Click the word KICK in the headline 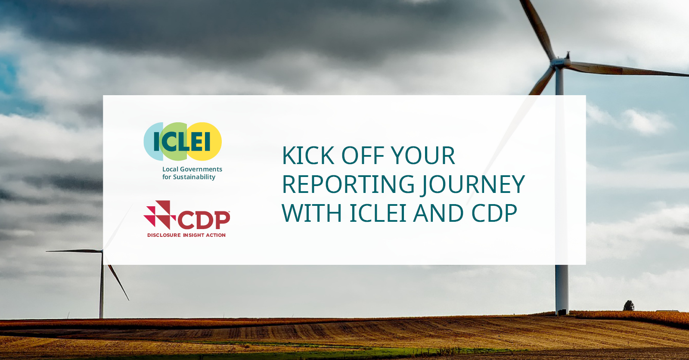click(308, 156)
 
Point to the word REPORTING click(348, 184)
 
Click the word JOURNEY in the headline click(473, 185)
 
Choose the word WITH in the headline click(312, 213)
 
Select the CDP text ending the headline click(494, 213)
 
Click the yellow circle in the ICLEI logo click(205, 141)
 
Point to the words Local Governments click(192, 169)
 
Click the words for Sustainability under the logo click(189, 177)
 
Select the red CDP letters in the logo click(204, 220)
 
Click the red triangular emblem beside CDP click(159, 215)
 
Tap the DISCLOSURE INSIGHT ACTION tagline click(186, 235)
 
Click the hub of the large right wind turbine click(560, 63)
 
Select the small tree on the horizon click(629, 306)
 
